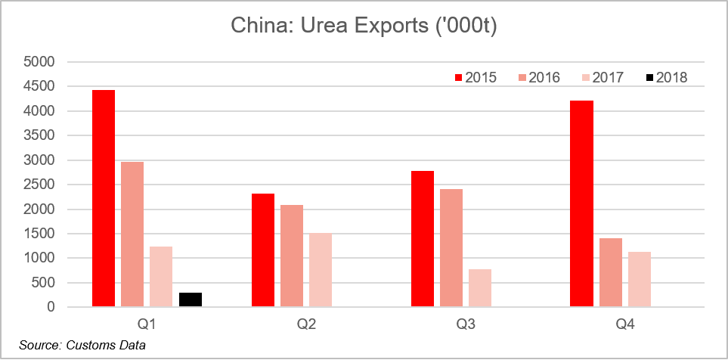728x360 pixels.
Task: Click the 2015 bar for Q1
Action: tap(104, 199)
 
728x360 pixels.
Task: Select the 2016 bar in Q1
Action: tap(132, 234)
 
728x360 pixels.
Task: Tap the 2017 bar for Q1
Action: tap(160, 277)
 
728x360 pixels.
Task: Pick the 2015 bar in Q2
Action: tap(263, 250)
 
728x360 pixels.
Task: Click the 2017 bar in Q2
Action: tap(320, 270)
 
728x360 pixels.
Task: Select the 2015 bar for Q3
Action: tap(423, 239)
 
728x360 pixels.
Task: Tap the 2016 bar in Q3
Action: tap(451, 248)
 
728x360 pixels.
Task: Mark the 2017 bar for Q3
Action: tap(479, 288)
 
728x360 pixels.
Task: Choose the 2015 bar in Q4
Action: tap(581, 204)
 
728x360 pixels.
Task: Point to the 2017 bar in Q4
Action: tap(639, 280)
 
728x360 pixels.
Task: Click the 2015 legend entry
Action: tap(475, 77)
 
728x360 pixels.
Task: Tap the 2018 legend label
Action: tap(671, 77)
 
